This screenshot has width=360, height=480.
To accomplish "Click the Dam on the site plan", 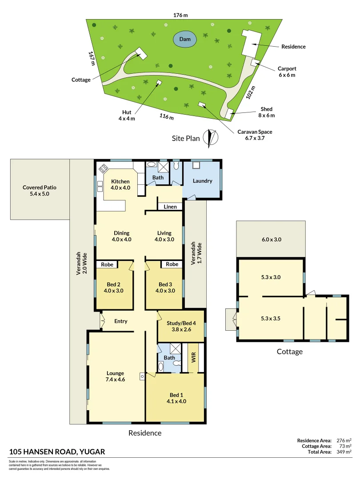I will coord(185,40).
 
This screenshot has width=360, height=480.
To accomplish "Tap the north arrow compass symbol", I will coord(211,138).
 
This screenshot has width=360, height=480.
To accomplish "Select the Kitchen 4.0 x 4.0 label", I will coord(120,184).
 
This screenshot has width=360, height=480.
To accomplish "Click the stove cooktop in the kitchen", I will coord(104,168).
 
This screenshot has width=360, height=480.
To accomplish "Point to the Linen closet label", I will coord(170,207).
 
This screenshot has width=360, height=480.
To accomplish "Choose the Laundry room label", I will coord(202,181).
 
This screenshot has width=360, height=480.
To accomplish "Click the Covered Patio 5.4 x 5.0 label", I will coord(40,191).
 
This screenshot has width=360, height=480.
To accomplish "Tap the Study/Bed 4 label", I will coord(181,326).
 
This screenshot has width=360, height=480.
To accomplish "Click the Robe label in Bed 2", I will coord(107,264).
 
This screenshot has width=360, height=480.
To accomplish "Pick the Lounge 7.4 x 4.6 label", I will coord(115,376).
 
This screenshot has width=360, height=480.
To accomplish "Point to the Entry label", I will coord(121,321).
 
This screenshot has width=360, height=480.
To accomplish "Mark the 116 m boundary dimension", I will coord(167,117).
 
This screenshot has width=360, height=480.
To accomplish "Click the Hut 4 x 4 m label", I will coord(126,116).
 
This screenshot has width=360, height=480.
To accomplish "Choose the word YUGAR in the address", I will coord(93,452).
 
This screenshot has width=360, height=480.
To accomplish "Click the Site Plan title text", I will coord(186,138).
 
